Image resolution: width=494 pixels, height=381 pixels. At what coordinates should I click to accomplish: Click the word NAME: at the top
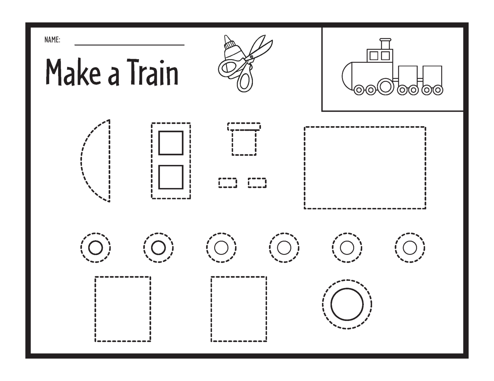click(52, 40)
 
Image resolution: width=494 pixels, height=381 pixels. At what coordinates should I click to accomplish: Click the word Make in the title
click(73, 72)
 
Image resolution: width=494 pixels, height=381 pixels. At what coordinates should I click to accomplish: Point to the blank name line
click(129, 45)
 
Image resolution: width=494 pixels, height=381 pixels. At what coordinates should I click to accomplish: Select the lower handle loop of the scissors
click(245, 79)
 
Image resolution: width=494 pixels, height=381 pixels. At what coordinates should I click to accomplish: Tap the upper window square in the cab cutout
click(171, 143)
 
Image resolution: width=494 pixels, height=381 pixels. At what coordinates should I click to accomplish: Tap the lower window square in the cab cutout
click(171, 177)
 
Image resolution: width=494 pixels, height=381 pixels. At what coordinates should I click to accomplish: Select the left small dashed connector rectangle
click(228, 183)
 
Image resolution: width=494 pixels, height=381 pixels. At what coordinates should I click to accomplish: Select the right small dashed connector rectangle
click(257, 183)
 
